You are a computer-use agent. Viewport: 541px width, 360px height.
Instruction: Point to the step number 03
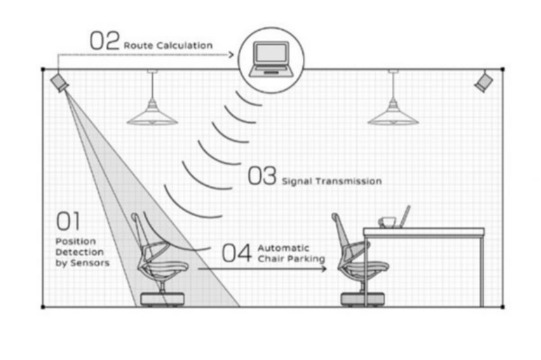click(262, 176)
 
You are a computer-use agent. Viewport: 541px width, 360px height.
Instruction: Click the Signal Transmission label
click(331, 181)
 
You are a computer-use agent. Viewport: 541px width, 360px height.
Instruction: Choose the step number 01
click(68, 221)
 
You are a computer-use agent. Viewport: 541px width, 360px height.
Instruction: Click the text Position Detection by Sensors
click(82, 251)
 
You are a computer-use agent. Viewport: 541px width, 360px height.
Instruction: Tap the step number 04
click(237, 253)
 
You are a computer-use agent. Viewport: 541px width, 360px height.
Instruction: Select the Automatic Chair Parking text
click(291, 253)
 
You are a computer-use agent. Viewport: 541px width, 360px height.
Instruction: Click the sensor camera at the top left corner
click(60, 82)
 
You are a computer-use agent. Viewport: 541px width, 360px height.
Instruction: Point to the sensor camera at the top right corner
click(484, 81)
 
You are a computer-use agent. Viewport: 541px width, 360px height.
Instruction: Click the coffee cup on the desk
click(388, 222)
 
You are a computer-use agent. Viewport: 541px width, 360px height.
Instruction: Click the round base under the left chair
click(163, 298)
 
